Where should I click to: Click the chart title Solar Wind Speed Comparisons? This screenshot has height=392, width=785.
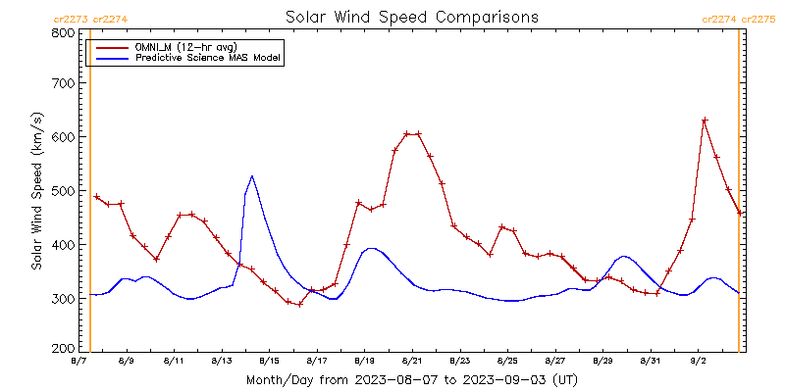(x=411, y=18)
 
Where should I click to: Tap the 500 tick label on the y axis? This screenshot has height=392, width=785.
(x=64, y=191)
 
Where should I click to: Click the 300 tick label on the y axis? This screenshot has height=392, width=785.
(x=64, y=298)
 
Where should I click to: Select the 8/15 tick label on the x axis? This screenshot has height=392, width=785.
(x=269, y=362)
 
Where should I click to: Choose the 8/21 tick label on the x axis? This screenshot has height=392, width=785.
(x=412, y=362)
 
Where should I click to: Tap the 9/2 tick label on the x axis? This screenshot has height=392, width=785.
(x=698, y=362)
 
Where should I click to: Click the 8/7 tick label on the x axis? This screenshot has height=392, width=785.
(x=78, y=362)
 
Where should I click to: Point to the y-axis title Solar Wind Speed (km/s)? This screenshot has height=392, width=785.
(x=37, y=191)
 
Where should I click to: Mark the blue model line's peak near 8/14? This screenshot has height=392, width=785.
(x=252, y=176)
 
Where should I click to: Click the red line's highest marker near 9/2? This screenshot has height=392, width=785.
(x=705, y=121)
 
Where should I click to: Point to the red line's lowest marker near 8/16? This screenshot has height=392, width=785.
(x=299, y=304)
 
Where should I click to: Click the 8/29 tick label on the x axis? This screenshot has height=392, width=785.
(x=602, y=362)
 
